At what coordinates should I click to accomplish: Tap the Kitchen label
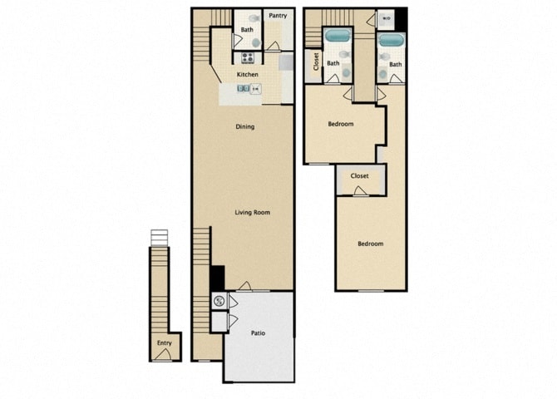coord(247,75)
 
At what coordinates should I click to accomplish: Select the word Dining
coord(244,127)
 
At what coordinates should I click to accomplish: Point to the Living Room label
coord(253,213)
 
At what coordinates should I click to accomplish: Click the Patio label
coord(258,333)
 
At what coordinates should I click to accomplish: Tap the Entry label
coord(164,343)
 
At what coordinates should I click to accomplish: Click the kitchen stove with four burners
coord(247,57)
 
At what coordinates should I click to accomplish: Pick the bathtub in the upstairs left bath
coord(337,36)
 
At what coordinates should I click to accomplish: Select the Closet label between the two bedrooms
coord(360,176)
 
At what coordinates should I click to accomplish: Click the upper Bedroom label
coord(340,124)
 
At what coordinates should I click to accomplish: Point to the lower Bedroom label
coord(370,244)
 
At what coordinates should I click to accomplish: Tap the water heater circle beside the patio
coord(219,301)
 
